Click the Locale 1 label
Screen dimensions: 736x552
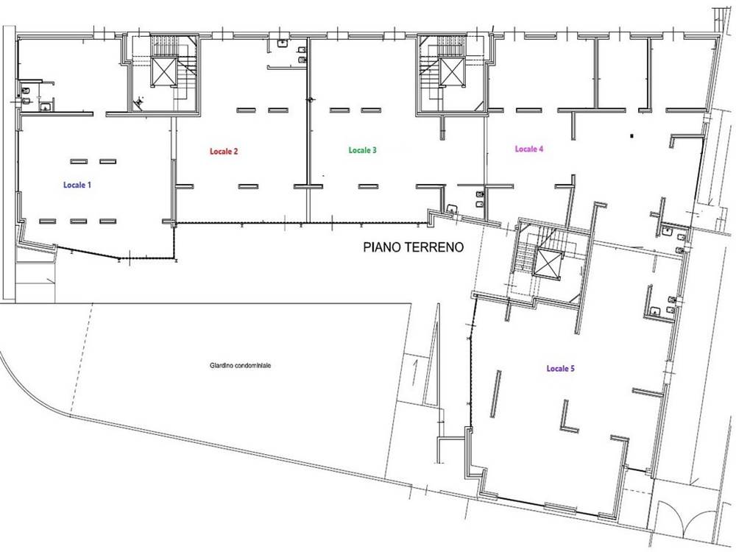77,185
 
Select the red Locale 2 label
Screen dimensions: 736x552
224,151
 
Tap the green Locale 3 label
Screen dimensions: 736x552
362,150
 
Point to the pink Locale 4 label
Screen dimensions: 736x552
529,149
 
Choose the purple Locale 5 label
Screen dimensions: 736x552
560,369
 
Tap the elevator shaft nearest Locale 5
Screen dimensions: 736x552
548,263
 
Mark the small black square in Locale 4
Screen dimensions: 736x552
632,136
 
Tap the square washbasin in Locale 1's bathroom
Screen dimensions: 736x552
45,107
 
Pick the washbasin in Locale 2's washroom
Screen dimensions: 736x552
282,43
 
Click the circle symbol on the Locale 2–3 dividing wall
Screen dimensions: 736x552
309,99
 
